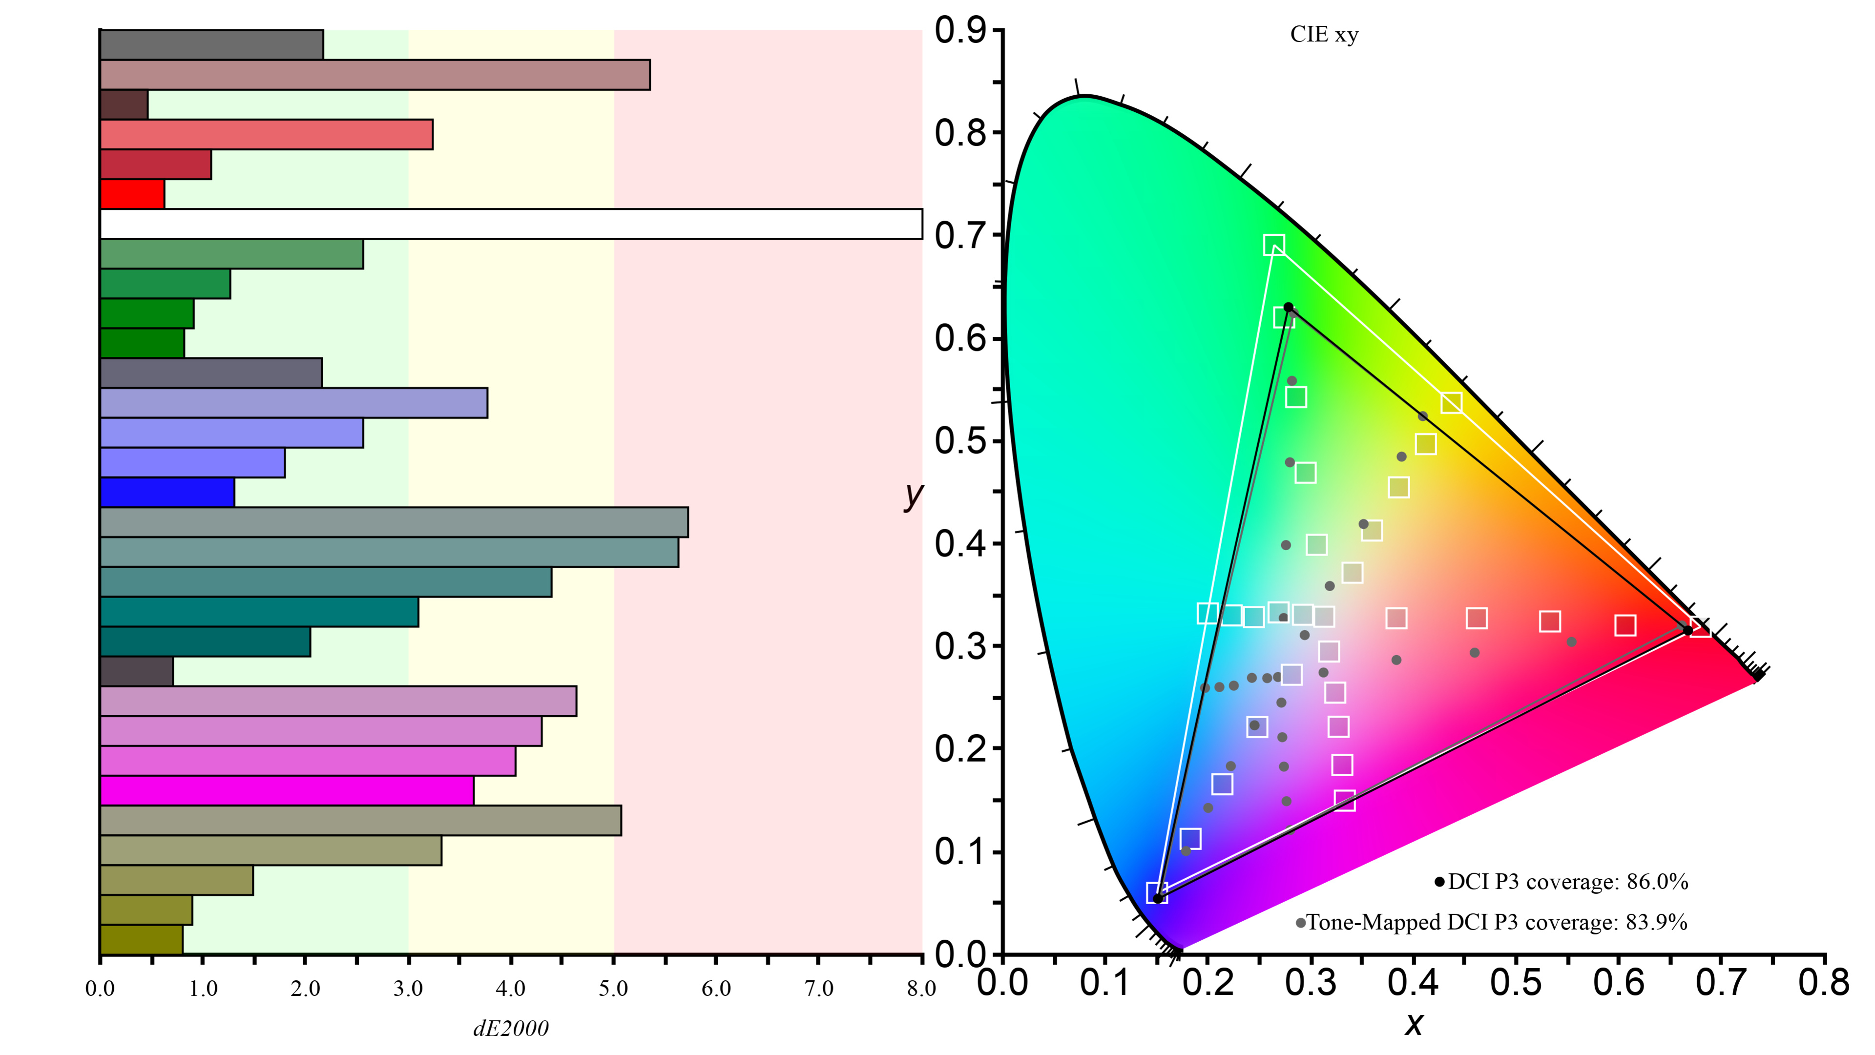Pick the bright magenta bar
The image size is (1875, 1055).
[287, 791]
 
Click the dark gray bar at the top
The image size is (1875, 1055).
[211, 45]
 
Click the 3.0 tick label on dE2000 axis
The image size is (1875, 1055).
[408, 988]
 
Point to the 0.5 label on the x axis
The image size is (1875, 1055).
[1516, 982]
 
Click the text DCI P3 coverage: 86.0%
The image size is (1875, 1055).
[1567, 882]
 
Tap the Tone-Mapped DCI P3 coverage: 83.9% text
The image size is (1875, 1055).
[1496, 923]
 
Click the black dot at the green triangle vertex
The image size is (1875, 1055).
[1289, 308]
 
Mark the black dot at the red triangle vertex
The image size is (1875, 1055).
[1687, 630]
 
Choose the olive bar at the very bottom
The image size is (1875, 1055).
[141, 939]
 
